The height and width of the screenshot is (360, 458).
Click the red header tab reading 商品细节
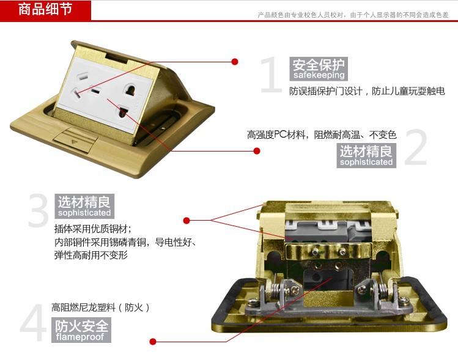pos(45,10)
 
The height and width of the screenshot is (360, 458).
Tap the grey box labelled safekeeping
pos(319,68)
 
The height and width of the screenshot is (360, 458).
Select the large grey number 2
pos(416,147)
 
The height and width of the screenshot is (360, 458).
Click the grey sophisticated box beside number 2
pos(366,155)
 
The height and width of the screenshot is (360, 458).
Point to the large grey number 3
pos(39,210)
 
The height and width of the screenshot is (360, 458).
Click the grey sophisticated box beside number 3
pos(84,206)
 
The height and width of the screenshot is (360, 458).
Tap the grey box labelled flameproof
pos(81,330)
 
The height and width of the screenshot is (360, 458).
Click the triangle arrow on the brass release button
pos(73,142)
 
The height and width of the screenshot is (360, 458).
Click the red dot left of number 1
pos(235,62)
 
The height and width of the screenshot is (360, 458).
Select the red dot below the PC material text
pos(257,151)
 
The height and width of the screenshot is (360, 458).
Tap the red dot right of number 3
pos(187,221)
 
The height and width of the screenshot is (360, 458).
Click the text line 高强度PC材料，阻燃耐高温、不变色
pos(322,134)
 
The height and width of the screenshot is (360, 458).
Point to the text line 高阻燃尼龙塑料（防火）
pos(101,307)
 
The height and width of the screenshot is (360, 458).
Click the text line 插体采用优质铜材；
pos(93,229)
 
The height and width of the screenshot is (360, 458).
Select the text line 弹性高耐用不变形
pos(91,255)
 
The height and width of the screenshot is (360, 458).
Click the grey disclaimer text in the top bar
pos(353,15)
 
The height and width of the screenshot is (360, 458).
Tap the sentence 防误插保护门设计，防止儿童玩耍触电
pos(367,91)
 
